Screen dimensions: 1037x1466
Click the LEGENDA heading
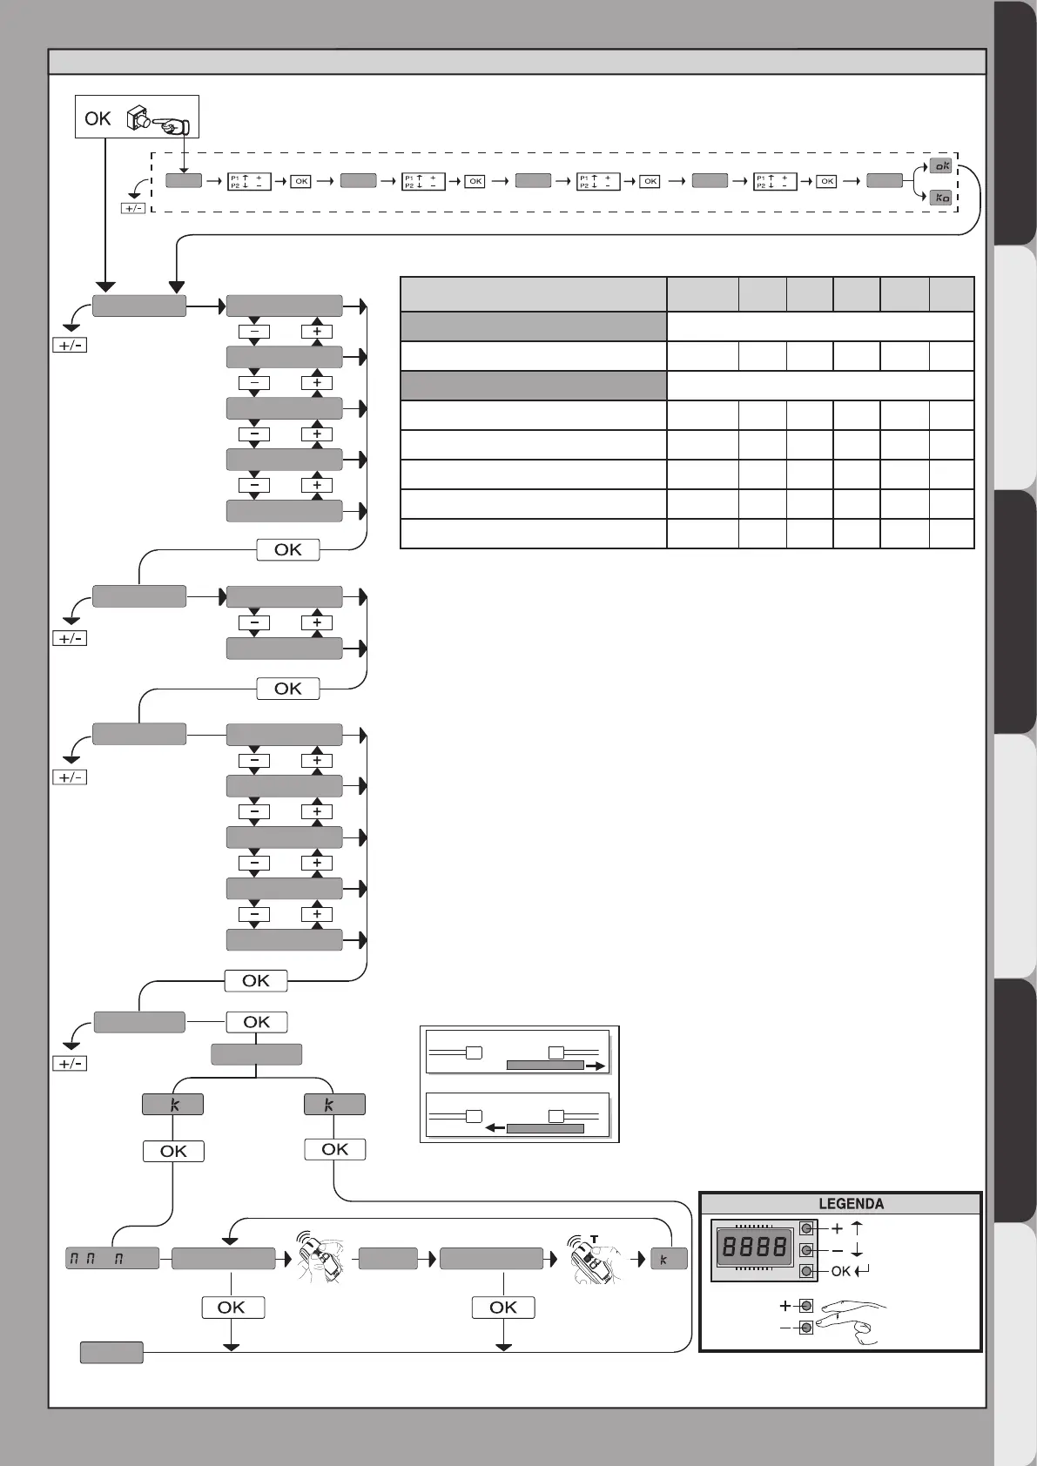(851, 1204)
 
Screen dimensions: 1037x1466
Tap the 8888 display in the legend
(754, 1248)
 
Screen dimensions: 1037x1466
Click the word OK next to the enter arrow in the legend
(840, 1271)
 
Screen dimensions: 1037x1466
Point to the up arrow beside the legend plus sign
(857, 1228)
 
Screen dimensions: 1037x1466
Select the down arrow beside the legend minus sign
(857, 1251)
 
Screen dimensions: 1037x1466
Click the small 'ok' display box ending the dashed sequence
(940, 165)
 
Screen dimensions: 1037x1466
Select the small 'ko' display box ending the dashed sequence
(940, 198)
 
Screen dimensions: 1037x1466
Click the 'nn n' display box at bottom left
(112, 1258)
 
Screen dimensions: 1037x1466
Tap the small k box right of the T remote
(669, 1259)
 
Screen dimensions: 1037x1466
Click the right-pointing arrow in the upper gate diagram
(596, 1065)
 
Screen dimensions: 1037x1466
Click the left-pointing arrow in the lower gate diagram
(494, 1127)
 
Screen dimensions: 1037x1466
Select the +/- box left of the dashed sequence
(133, 208)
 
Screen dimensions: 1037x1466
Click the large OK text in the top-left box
(98, 118)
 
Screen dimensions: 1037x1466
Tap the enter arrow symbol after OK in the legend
(862, 1271)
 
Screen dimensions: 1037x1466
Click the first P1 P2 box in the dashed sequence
(249, 181)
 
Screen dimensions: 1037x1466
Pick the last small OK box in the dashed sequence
(827, 181)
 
